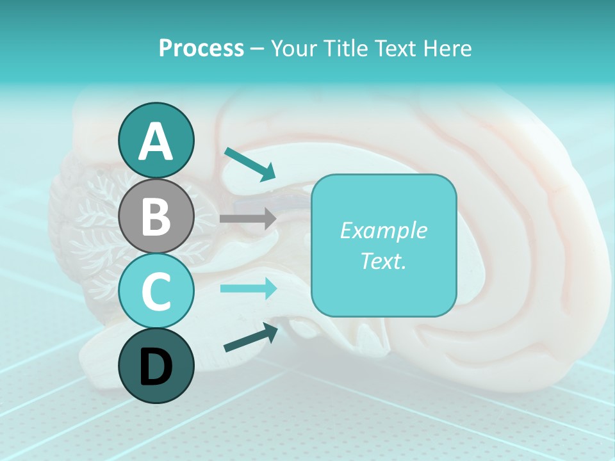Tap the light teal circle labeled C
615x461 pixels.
pyautogui.click(x=156, y=291)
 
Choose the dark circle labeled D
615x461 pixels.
pyautogui.click(x=156, y=366)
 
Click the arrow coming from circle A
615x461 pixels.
pyautogui.click(x=250, y=164)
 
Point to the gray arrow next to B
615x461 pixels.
pyautogui.click(x=248, y=218)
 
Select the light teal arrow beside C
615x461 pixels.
pyautogui.click(x=249, y=289)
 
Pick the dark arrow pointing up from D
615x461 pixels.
pyautogui.click(x=250, y=337)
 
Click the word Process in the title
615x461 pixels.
pyautogui.click(x=201, y=48)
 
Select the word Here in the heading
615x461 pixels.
pyautogui.click(x=448, y=48)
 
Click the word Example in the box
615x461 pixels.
pyautogui.click(x=383, y=230)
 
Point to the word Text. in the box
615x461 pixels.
pyautogui.click(x=383, y=261)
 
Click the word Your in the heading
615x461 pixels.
pyautogui.click(x=293, y=48)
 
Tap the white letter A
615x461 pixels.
pyautogui.click(x=156, y=142)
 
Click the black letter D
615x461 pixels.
pyautogui.click(x=156, y=367)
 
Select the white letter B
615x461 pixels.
pyautogui.click(x=156, y=216)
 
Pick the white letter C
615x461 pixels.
pyautogui.click(x=156, y=291)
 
